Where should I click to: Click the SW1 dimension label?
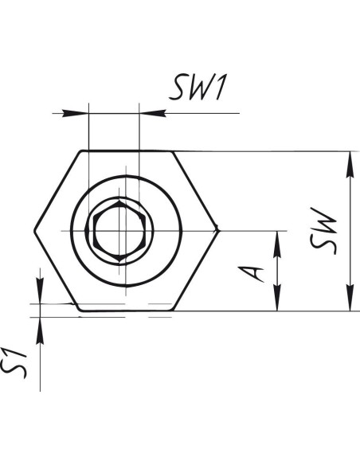198,88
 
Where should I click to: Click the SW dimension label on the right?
323,231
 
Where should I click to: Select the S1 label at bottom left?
14,364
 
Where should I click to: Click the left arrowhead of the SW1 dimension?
76,113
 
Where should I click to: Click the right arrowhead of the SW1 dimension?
152,113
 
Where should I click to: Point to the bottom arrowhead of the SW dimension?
350,298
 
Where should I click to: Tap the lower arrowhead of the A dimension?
277,298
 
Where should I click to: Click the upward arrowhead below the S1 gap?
40,330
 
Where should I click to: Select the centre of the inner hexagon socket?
119,231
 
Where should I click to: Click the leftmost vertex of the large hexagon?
34,231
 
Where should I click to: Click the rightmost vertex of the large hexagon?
218,229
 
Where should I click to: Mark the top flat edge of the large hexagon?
127,151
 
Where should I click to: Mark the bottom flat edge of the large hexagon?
127,311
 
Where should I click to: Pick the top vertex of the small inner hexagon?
119,201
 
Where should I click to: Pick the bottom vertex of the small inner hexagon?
119,261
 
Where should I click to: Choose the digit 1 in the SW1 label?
221,88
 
